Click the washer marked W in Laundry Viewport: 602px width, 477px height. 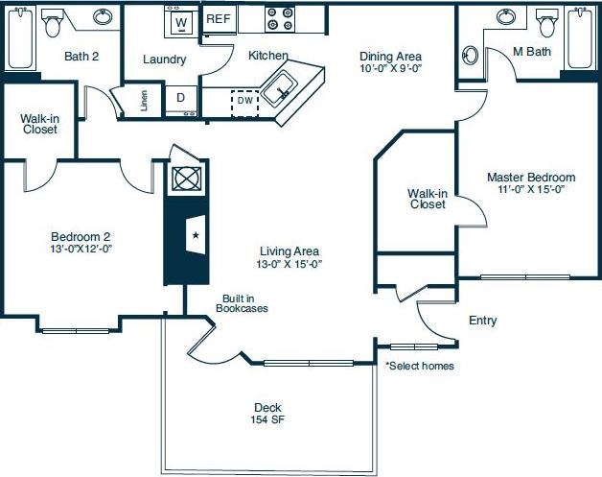(179, 21)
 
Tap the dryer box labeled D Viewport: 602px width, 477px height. (179, 97)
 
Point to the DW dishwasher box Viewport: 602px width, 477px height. (245, 100)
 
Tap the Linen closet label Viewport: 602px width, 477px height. (144, 101)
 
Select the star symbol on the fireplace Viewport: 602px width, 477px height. (196, 234)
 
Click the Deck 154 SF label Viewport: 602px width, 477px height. (267, 414)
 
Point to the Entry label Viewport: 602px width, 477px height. (482, 321)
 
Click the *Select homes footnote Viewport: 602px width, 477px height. (420, 366)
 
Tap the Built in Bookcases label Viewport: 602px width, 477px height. (241, 303)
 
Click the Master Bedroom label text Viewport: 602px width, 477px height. (530, 178)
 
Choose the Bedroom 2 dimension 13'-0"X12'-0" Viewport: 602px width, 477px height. (81, 248)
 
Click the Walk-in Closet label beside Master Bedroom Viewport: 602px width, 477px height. (427, 198)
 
